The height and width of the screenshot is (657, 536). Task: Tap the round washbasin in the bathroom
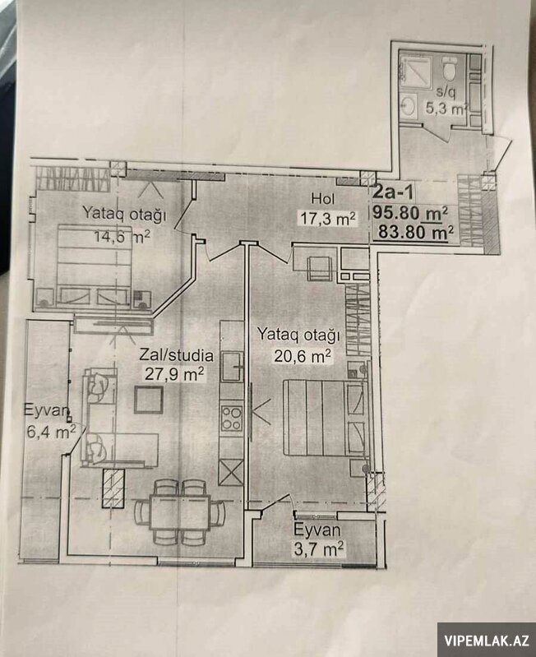pyautogui.click(x=408, y=105)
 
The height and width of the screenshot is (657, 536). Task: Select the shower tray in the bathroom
pyautogui.click(x=415, y=67)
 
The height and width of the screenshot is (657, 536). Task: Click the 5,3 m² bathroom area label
pyautogui.click(x=446, y=109)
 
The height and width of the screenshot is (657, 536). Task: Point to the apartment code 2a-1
pyautogui.click(x=393, y=192)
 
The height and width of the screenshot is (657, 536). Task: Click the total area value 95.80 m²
pyautogui.click(x=410, y=213)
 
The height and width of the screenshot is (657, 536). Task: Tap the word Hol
pyautogui.click(x=323, y=198)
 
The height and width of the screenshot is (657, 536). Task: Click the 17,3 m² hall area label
pyautogui.click(x=328, y=218)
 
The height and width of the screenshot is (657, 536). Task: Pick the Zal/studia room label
pyautogui.click(x=176, y=355)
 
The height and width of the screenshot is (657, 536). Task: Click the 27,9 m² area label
pyautogui.click(x=174, y=373)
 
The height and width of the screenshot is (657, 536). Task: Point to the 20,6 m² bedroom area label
pyautogui.click(x=303, y=356)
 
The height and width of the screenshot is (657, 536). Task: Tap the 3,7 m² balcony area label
pyautogui.click(x=319, y=548)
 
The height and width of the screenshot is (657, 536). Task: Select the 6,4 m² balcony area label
pyautogui.click(x=51, y=432)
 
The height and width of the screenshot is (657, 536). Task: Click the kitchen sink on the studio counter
pyautogui.click(x=232, y=367)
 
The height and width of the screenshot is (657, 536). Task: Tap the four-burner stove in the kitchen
pyautogui.click(x=232, y=419)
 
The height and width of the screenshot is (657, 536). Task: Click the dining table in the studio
pyautogui.click(x=180, y=512)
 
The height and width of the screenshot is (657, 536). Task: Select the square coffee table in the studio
pyautogui.click(x=149, y=400)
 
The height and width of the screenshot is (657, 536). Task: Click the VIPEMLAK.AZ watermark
pyautogui.click(x=487, y=641)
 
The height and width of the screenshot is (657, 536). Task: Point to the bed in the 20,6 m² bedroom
pyautogui.click(x=326, y=418)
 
